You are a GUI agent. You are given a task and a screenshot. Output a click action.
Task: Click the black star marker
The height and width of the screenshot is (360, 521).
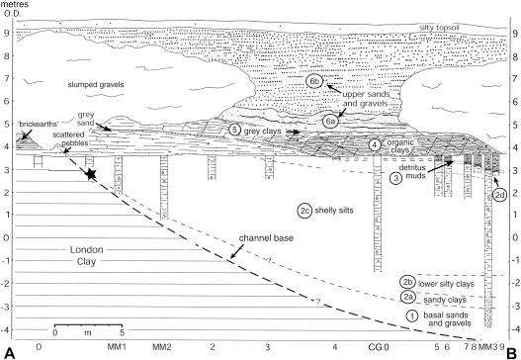click(x=91, y=173)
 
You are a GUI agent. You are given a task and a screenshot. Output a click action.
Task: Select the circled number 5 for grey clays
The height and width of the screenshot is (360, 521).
click(x=234, y=130)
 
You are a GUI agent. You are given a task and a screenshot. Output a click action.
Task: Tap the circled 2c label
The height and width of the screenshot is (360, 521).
click(x=305, y=211)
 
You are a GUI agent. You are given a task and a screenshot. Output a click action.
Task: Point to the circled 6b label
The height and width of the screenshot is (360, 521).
click(x=314, y=81)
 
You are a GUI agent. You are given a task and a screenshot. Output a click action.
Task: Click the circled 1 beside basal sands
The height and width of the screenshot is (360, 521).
click(x=412, y=315)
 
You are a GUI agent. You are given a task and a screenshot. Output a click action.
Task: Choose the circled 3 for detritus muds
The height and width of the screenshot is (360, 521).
click(x=396, y=178)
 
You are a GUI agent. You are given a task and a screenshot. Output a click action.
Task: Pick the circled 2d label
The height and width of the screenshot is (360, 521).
click(x=499, y=195)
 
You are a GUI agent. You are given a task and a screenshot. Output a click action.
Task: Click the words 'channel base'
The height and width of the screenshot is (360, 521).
click(x=266, y=238)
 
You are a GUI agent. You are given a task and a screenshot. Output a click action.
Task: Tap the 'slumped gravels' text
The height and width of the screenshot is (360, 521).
click(x=96, y=84)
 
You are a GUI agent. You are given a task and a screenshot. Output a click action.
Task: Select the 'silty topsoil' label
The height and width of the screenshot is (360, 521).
click(x=439, y=28)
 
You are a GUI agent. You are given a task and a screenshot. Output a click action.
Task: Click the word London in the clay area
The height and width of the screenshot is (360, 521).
click(x=86, y=249)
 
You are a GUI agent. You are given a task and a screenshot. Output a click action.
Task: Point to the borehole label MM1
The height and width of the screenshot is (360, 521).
click(x=117, y=347)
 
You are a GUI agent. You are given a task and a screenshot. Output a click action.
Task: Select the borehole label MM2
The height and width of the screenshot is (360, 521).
click(x=162, y=347)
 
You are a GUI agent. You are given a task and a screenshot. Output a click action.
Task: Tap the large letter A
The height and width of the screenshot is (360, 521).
click(x=9, y=353)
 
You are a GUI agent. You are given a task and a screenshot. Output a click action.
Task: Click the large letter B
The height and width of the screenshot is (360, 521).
click(x=512, y=353)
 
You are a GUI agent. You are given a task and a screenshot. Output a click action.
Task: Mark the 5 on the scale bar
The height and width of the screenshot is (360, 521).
click(x=122, y=332)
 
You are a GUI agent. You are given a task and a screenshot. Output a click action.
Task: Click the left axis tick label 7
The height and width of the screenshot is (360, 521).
click(x=6, y=78)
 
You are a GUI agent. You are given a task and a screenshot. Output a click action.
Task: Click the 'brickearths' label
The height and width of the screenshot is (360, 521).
click(x=38, y=125)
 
